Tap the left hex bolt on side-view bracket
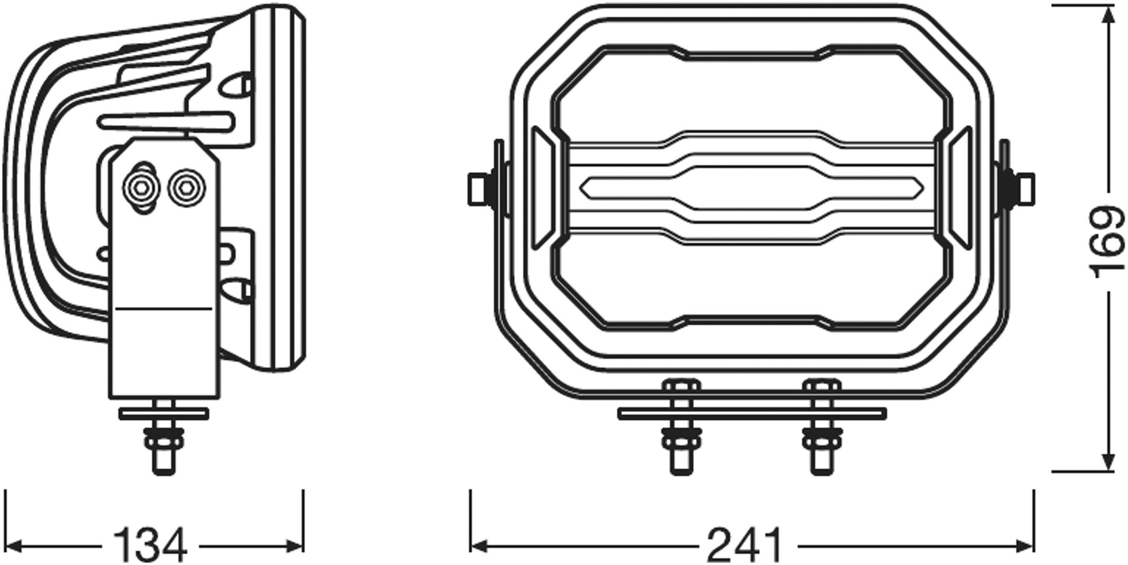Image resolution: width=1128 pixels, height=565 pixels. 141,188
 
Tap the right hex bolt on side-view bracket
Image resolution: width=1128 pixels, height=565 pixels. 187,188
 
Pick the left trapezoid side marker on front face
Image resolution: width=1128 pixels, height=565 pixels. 542,188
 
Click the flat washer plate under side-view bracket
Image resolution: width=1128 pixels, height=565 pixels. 164,413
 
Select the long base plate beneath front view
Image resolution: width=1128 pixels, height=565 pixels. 751,413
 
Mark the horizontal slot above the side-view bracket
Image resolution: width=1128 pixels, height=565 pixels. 166,121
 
